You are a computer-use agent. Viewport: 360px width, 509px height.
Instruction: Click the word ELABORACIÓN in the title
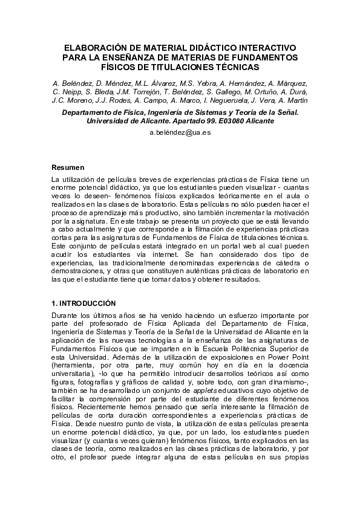pyautogui.click(x=94, y=47)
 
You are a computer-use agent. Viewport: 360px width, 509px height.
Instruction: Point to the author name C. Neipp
pyautogui.click(x=68, y=92)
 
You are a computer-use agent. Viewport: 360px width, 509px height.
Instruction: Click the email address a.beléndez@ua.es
pyautogui.click(x=180, y=133)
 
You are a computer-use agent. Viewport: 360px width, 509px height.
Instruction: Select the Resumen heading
pyautogui.click(x=68, y=167)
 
